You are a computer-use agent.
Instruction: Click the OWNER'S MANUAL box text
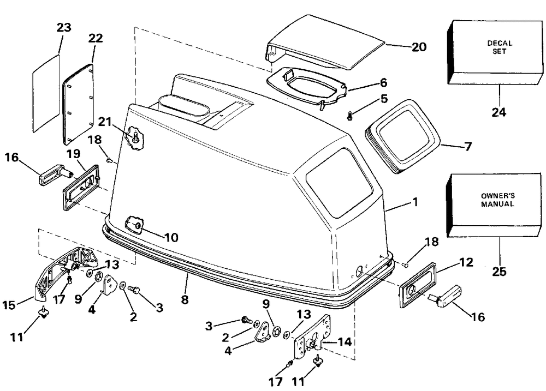tap(497, 200)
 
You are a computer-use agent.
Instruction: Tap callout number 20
tap(419, 47)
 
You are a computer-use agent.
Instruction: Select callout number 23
tap(63, 28)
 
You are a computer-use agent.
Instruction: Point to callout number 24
tap(498, 113)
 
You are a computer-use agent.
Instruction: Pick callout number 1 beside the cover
tap(415, 202)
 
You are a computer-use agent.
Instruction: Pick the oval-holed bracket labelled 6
tap(306, 85)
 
